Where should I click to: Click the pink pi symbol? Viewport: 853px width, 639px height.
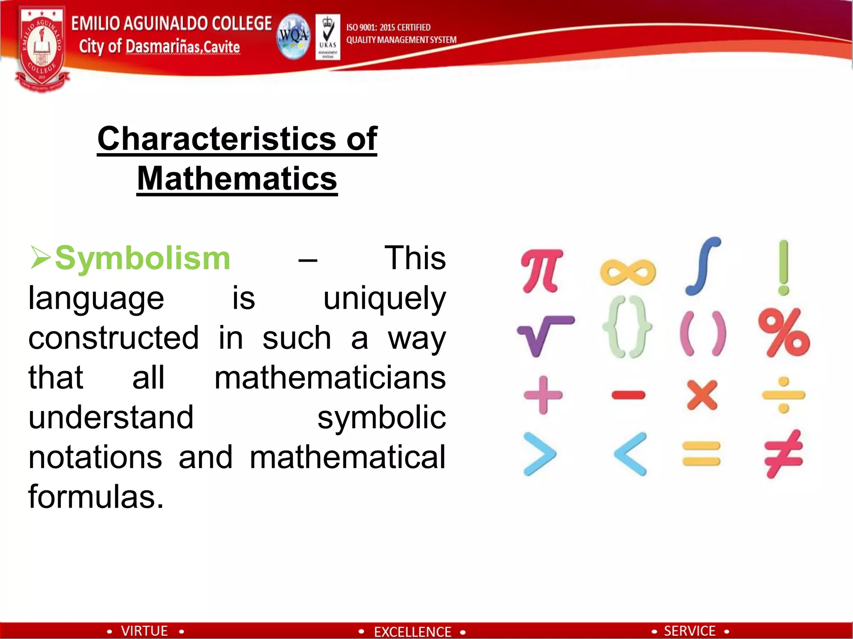click(x=541, y=270)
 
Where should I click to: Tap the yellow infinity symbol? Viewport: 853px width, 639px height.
click(x=628, y=272)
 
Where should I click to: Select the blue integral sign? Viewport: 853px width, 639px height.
click(x=703, y=266)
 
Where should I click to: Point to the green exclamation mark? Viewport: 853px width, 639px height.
click(x=783, y=267)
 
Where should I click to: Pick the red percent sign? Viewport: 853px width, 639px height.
click(x=784, y=333)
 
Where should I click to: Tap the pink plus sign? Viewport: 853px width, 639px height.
click(x=543, y=395)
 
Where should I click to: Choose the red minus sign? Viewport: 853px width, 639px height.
click(x=629, y=394)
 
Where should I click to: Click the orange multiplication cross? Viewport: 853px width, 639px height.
click(x=703, y=395)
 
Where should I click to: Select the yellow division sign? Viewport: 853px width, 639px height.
click(x=783, y=394)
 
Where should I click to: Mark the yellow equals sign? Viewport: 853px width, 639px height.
click(x=701, y=453)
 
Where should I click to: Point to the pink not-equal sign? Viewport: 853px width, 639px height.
click(x=783, y=453)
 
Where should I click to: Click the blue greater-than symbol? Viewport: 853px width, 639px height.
click(x=540, y=454)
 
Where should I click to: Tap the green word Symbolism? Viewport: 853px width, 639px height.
click(x=142, y=258)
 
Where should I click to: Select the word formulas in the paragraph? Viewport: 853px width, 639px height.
click(x=96, y=496)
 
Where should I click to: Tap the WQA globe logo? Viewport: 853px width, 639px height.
click(x=294, y=37)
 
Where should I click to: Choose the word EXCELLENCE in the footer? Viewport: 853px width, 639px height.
click(x=412, y=632)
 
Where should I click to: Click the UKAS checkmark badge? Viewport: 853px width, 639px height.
click(x=328, y=37)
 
